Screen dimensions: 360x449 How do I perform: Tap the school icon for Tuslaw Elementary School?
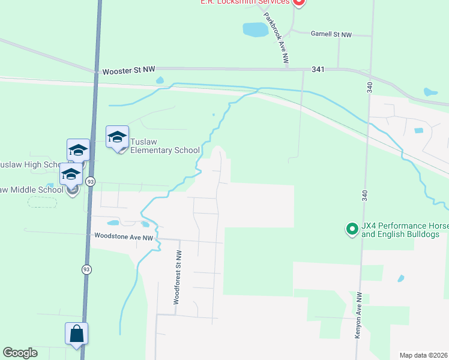117,137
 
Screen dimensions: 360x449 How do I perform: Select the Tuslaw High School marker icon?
78,151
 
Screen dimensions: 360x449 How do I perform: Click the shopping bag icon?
77,334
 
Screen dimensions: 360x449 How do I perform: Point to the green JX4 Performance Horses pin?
352,229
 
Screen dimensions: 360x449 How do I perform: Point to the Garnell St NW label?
331,35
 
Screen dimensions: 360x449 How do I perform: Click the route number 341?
318,70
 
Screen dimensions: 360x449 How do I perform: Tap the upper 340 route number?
368,88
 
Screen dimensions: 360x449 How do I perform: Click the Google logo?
20,353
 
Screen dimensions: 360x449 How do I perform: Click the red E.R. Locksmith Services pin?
299,2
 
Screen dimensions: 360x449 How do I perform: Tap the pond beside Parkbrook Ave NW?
255,28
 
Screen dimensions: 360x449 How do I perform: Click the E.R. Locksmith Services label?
245,2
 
